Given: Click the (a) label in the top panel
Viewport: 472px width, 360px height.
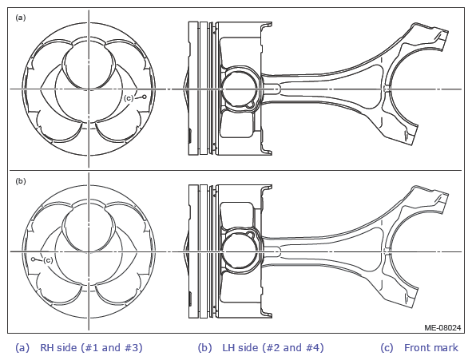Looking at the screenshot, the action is [21, 18].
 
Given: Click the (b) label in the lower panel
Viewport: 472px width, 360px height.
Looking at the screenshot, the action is [21, 181].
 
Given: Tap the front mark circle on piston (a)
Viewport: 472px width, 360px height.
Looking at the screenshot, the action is [145, 97].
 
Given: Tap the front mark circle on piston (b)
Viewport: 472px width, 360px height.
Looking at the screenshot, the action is [33, 259].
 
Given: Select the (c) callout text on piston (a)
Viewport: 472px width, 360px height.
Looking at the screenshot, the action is [129, 98].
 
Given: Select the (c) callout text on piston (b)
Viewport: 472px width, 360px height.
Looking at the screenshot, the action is [48, 260].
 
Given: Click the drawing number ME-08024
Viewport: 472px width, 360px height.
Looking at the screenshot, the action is [442, 327].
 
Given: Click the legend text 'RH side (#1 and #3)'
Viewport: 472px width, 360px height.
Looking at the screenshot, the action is [91, 348].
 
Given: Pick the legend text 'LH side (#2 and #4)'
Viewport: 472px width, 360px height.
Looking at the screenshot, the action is [273, 348].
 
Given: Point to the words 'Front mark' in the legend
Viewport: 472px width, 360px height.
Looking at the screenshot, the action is [431, 348].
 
